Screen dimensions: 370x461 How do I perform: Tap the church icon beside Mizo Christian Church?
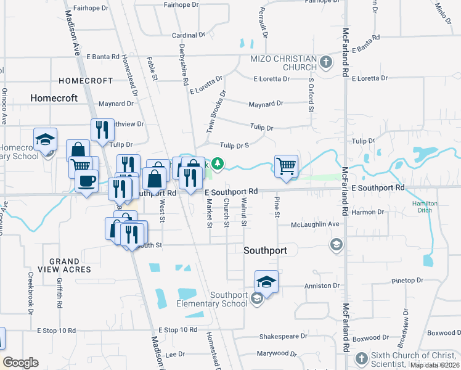[326, 62]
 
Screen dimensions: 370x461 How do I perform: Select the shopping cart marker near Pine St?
[286, 166]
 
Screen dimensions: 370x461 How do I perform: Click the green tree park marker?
[217, 163]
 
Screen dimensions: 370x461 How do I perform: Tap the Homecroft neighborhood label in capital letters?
[86, 81]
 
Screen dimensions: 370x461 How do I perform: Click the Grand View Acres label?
[70, 266]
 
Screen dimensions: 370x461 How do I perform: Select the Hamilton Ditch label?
[425, 207]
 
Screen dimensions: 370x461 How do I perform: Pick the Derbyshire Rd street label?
[183, 65]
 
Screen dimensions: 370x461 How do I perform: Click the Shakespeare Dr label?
[282, 337]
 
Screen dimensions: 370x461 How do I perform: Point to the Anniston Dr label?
[322, 286]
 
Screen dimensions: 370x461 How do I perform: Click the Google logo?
[20, 363]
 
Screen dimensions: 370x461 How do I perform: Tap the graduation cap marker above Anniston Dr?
[266, 282]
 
